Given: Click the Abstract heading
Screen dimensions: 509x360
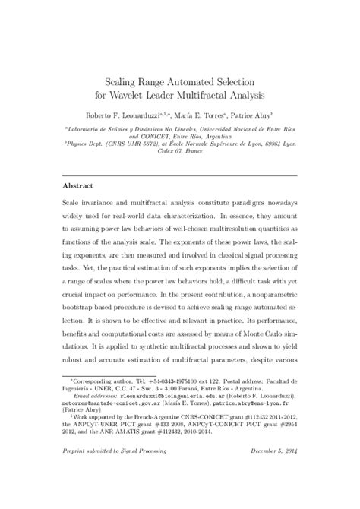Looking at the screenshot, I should click(78, 185).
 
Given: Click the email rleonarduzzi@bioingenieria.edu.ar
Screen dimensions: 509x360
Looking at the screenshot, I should click(151, 396).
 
